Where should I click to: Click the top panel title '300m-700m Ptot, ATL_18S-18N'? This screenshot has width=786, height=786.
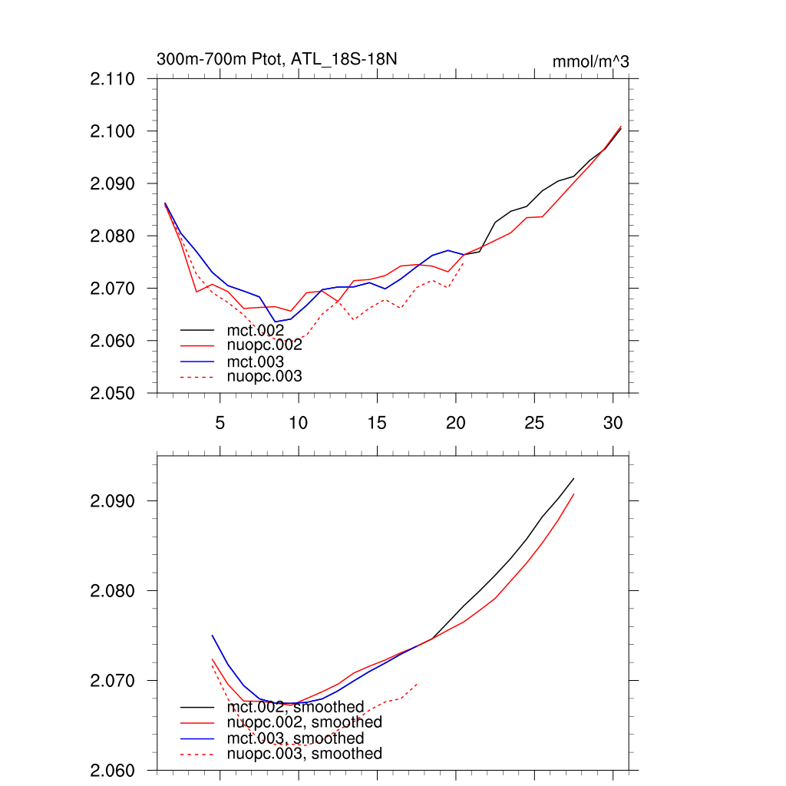(x=276, y=59)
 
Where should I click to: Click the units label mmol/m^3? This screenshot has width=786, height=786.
(x=590, y=61)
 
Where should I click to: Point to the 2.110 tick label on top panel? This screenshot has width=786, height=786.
(x=113, y=79)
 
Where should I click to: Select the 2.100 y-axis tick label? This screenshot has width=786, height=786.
(x=113, y=131)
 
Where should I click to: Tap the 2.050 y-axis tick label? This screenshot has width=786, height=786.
(x=113, y=393)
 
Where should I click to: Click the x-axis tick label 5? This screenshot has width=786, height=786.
(x=220, y=423)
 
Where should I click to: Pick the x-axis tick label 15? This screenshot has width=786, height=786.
(x=378, y=423)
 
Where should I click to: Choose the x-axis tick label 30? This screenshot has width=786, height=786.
(x=613, y=423)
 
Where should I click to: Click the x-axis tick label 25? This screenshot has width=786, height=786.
(x=534, y=423)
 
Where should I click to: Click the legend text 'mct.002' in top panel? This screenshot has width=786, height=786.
(x=261, y=330)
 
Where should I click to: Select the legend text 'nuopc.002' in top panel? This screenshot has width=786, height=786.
(x=265, y=345)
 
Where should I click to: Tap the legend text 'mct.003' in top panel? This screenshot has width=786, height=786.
(x=261, y=361)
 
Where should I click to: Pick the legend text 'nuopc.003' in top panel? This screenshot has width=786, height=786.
(x=265, y=376)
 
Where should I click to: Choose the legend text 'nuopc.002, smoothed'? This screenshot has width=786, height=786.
(x=305, y=722)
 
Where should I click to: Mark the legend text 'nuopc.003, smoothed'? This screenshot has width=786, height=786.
(x=305, y=754)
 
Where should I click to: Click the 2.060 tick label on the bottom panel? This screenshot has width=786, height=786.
(x=113, y=771)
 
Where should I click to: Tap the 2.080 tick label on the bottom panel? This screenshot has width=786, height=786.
(x=113, y=591)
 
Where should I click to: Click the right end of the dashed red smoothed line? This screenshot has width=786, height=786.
(x=417, y=683)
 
